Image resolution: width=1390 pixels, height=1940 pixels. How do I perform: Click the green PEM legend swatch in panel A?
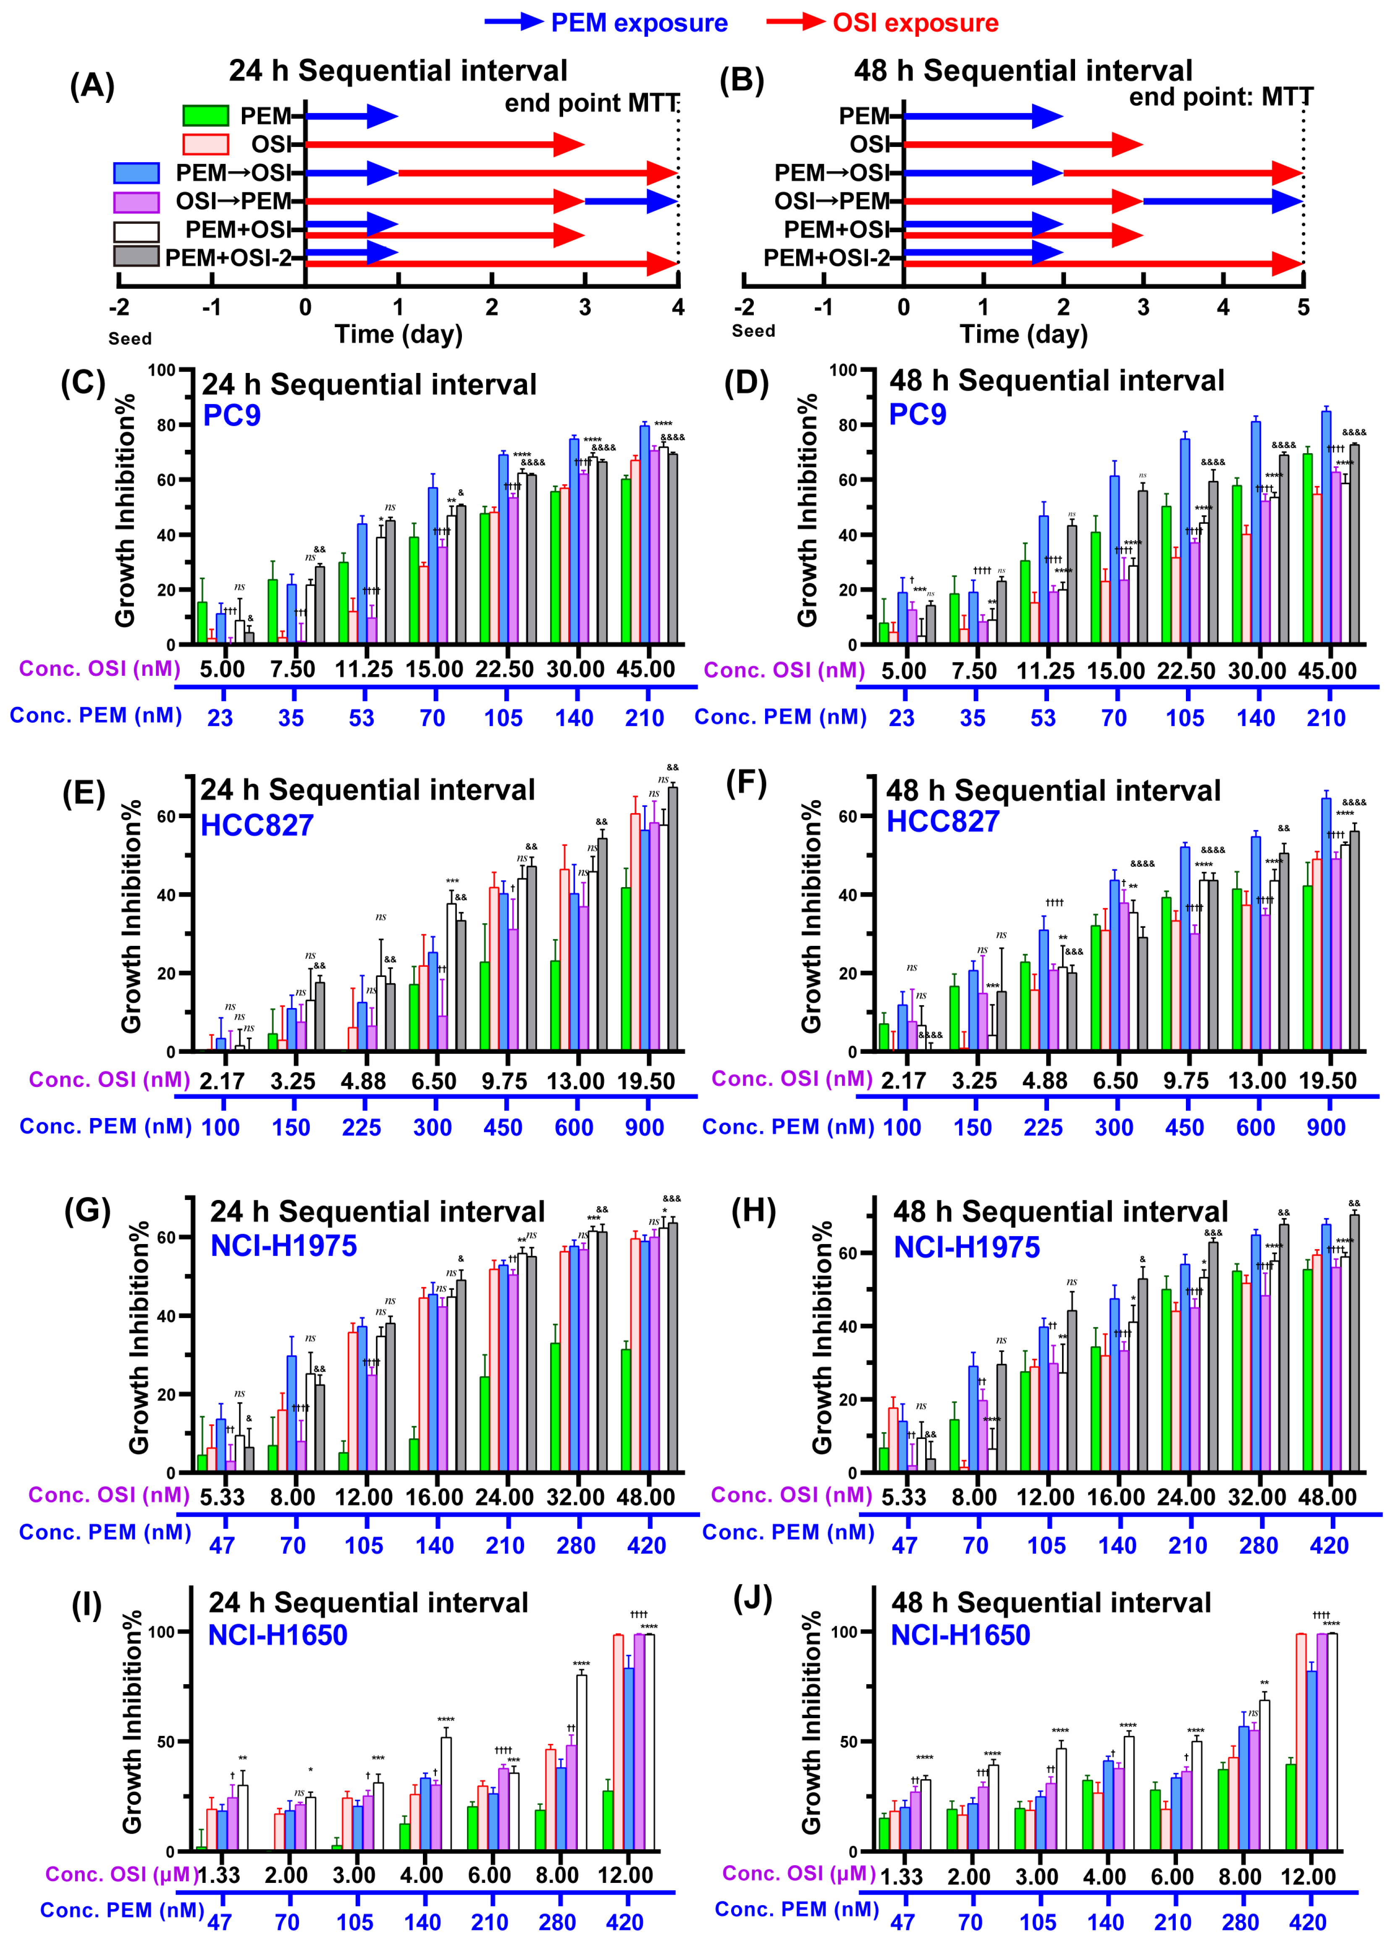tap(205, 116)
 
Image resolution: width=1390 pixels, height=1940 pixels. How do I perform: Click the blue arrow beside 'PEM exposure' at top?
tap(513, 22)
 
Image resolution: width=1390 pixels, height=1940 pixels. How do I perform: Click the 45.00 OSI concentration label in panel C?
tap(646, 669)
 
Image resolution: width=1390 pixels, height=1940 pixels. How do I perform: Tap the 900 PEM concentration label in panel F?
tap(1326, 1127)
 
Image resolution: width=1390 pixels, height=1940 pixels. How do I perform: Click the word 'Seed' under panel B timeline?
tap(753, 331)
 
